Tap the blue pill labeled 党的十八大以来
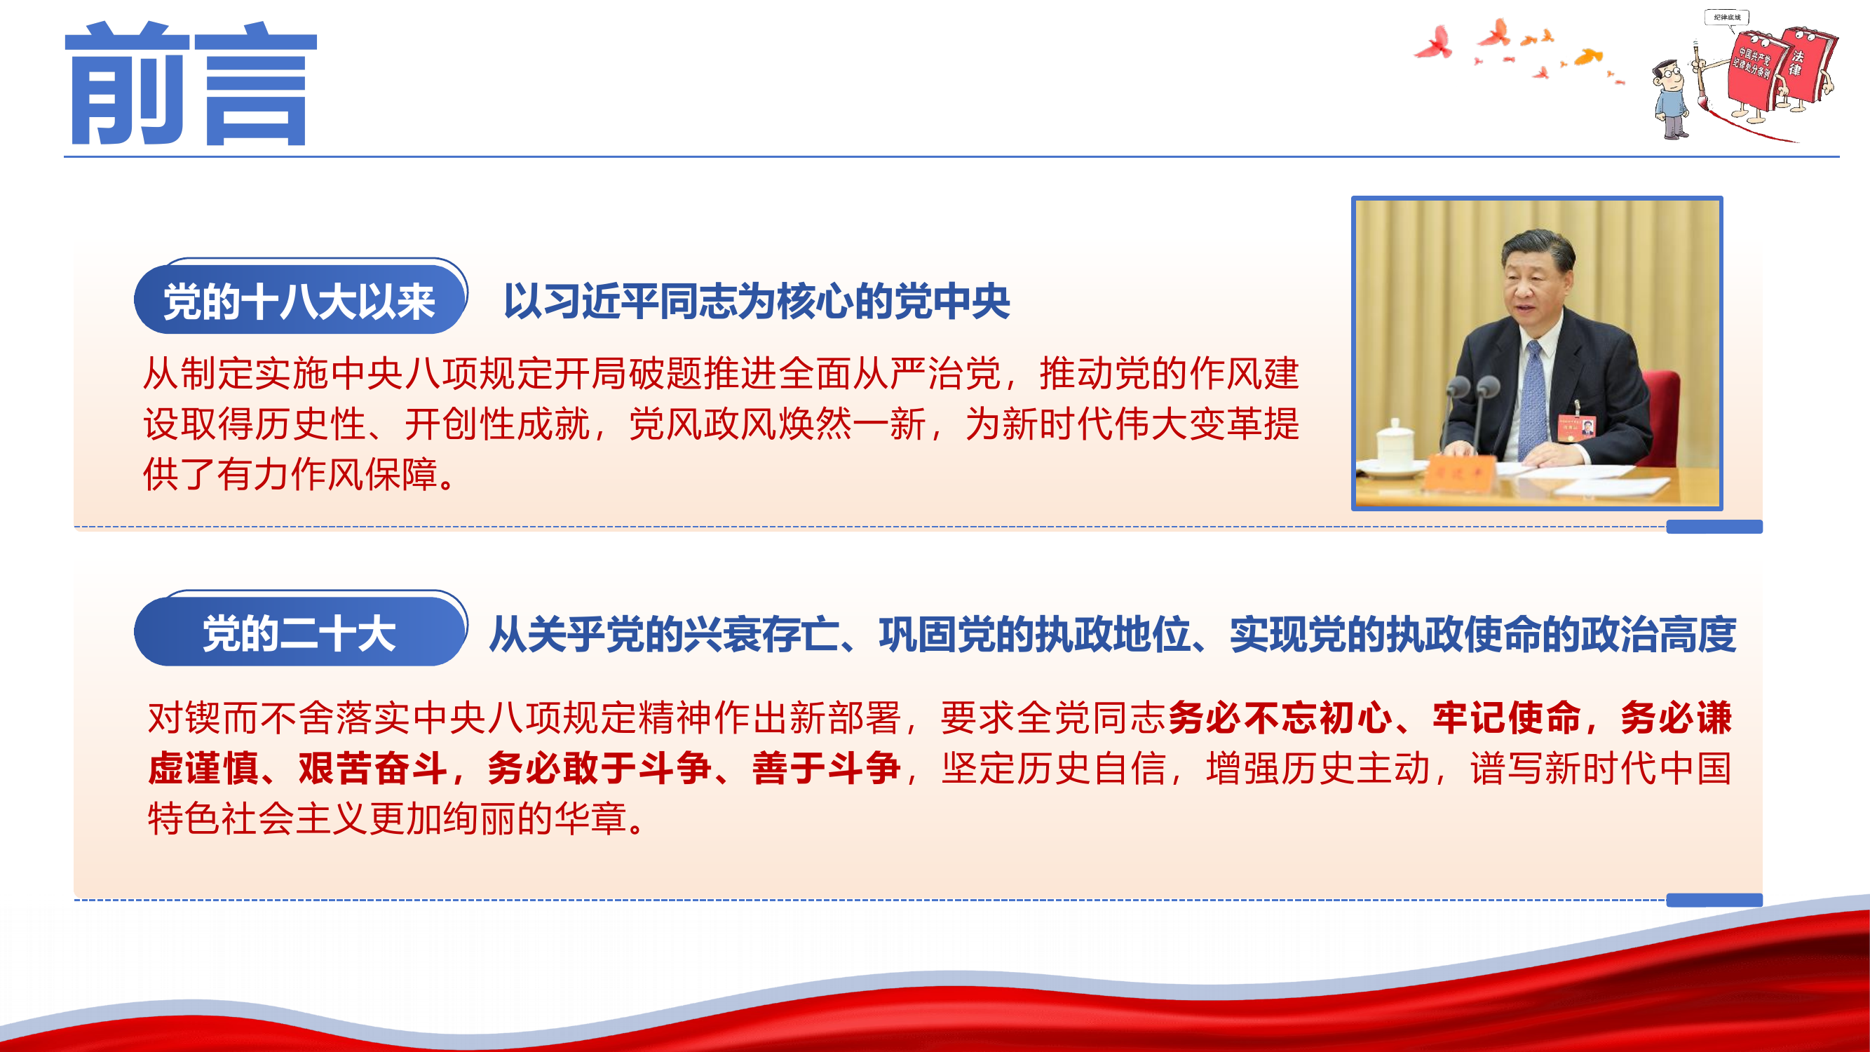(299, 301)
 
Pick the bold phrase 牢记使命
(1506, 718)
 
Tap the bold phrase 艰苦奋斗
(373, 769)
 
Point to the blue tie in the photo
(1533, 399)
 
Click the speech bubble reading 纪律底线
(1726, 18)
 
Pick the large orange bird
(1588, 57)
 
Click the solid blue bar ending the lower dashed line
(1713, 901)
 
